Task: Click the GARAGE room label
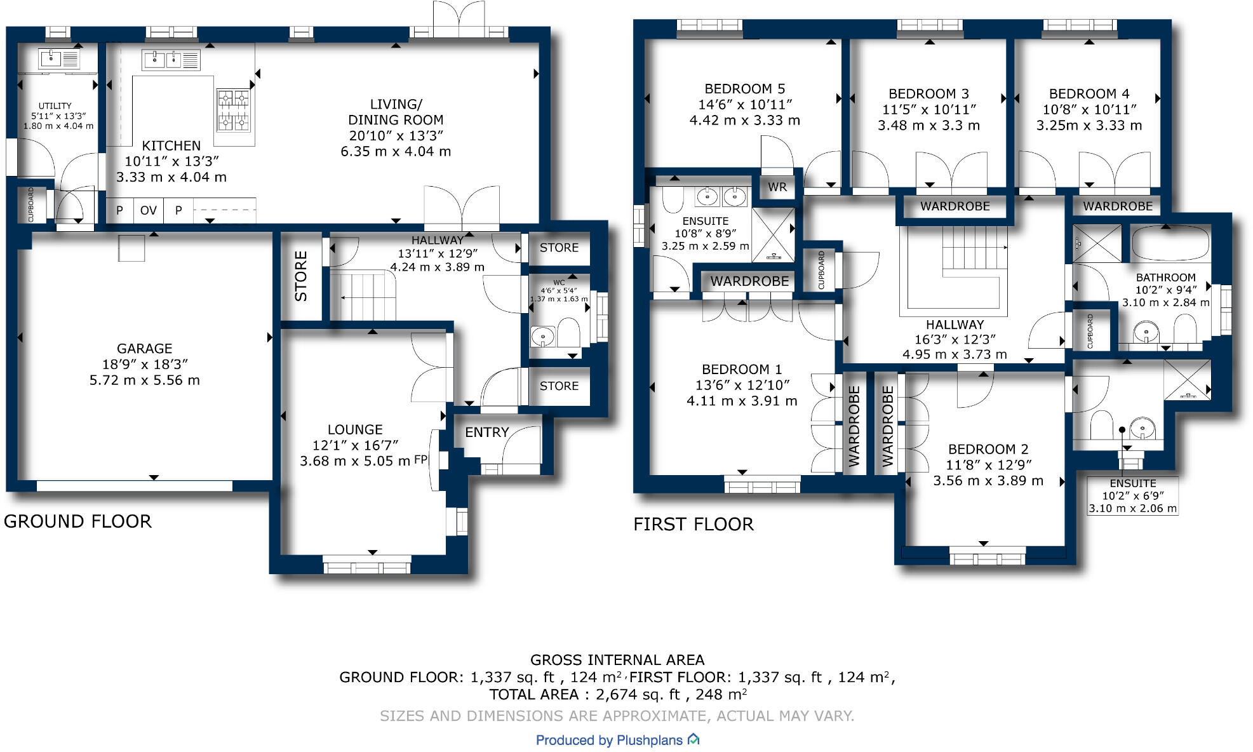pos(144,349)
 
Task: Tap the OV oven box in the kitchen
pos(148,210)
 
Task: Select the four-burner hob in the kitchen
pos(233,110)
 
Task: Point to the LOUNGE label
pos(355,430)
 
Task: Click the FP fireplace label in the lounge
pos(421,460)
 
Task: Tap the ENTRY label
pos(486,433)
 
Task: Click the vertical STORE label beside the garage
pos(301,276)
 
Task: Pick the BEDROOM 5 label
pos(744,89)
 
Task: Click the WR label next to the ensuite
pos(777,187)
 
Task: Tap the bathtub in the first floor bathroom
pos(1170,243)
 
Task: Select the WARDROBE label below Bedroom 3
pos(955,206)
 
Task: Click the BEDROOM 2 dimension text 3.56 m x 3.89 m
pos(988,481)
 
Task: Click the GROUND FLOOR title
pos(77,521)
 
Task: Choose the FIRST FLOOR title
pos(693,525)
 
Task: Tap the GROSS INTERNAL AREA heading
pos(617,660)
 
